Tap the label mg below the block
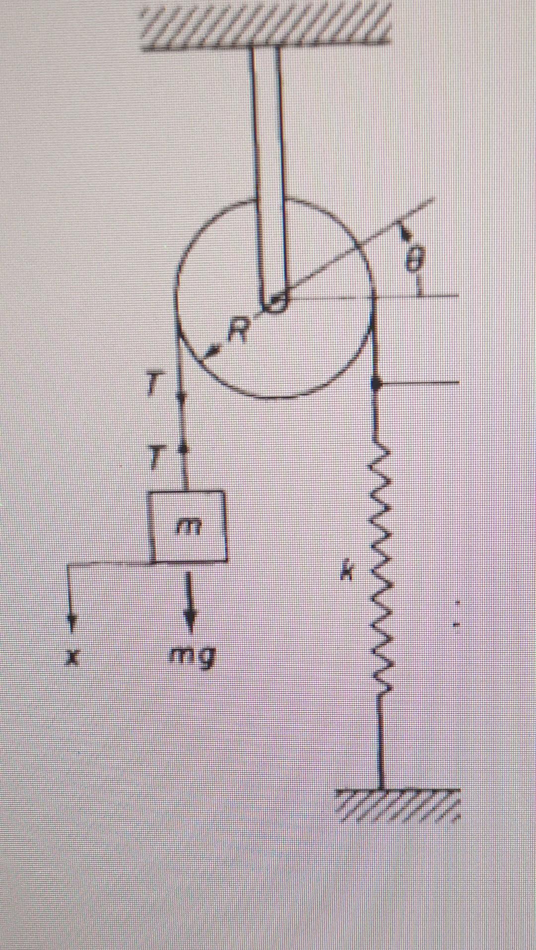(193, 658)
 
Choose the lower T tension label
(156, 457)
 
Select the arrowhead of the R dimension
(211, 352)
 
